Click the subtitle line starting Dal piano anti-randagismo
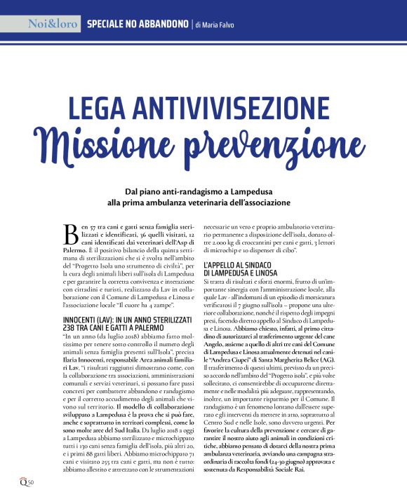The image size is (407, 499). click(x=203, y=191)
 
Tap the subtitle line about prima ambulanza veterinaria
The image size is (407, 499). click(x=203, y=202)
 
